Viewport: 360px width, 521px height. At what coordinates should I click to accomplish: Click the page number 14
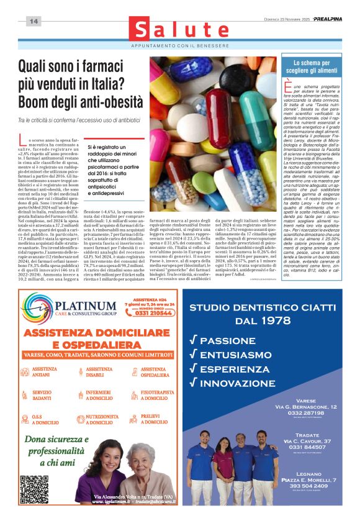coord(34,21)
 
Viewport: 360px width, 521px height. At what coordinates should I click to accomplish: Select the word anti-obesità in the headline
coord(102,101)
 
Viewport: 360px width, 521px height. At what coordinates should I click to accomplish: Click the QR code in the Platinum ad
coord(34,489)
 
